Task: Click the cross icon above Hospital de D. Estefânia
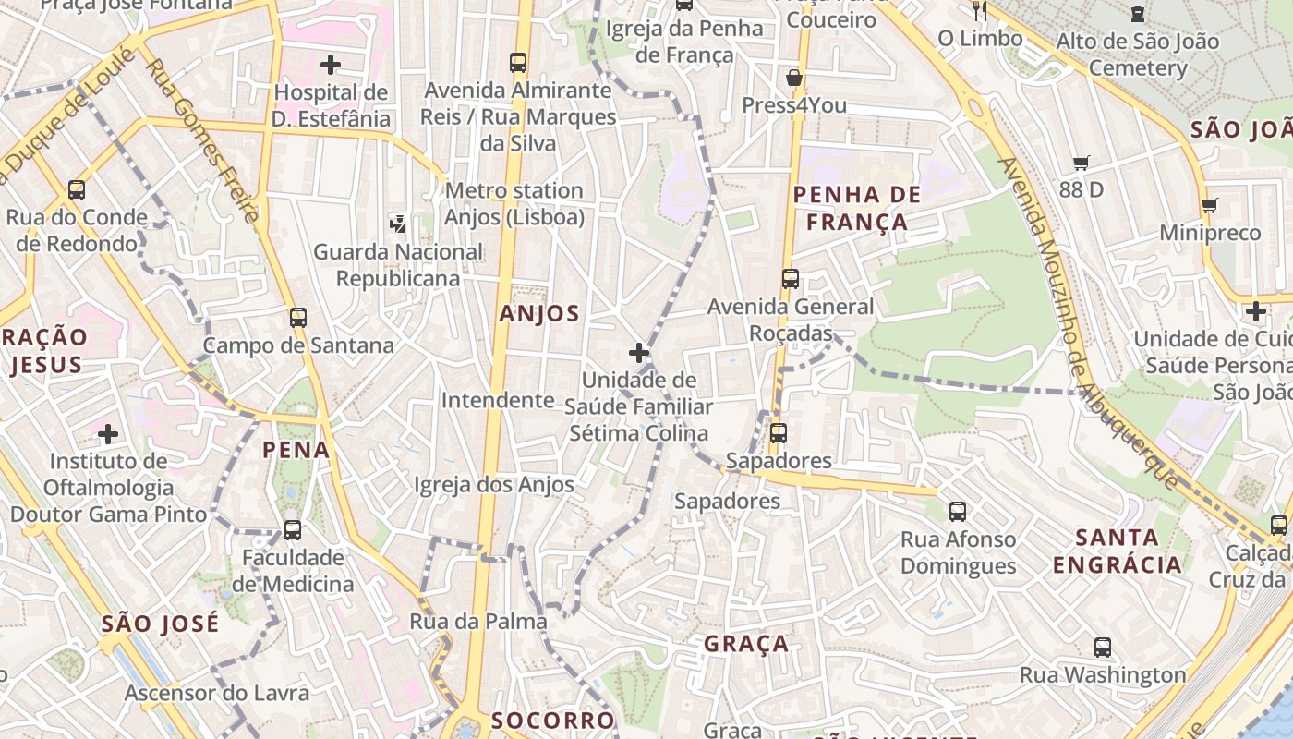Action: [330, 65]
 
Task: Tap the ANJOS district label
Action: [539, 314]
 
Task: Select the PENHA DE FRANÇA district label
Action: [857, 208]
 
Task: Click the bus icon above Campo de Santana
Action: [297, 318]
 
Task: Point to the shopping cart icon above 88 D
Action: [1082, 164]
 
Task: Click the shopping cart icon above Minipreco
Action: [1209, 205]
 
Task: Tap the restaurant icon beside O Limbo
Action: [980, 11]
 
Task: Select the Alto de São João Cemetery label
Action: [1137, 55]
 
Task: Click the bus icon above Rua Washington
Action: [1102, 648]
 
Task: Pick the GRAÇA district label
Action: [746, 644]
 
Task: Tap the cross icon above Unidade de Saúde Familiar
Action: [638, 353]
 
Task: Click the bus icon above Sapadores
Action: [778, 432]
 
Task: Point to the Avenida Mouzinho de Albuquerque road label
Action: [1090, 323]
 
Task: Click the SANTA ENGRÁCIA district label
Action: [1118, 551]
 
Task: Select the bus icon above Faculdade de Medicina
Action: [293, 530]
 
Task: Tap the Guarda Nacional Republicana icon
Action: [398, 223]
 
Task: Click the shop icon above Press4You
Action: [793, 78]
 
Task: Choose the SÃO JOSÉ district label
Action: [161, 624]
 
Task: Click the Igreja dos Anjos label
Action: [494, 485]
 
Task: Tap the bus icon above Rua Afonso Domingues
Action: [958, 511]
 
